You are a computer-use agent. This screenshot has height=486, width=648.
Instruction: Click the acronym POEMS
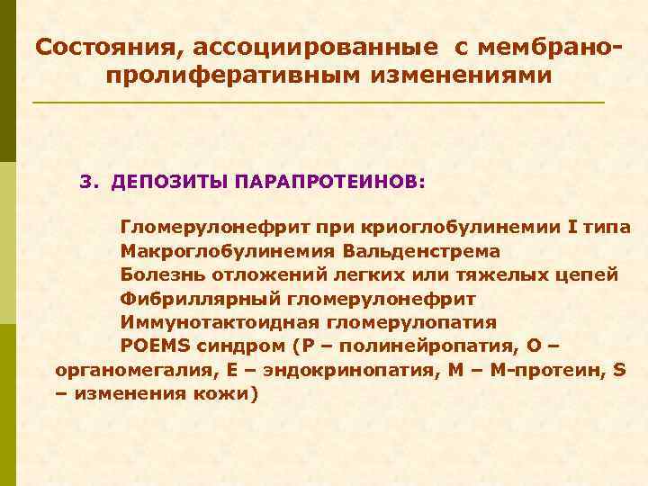(149, 346)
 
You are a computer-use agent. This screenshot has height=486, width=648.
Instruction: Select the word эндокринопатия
(336, 371)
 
